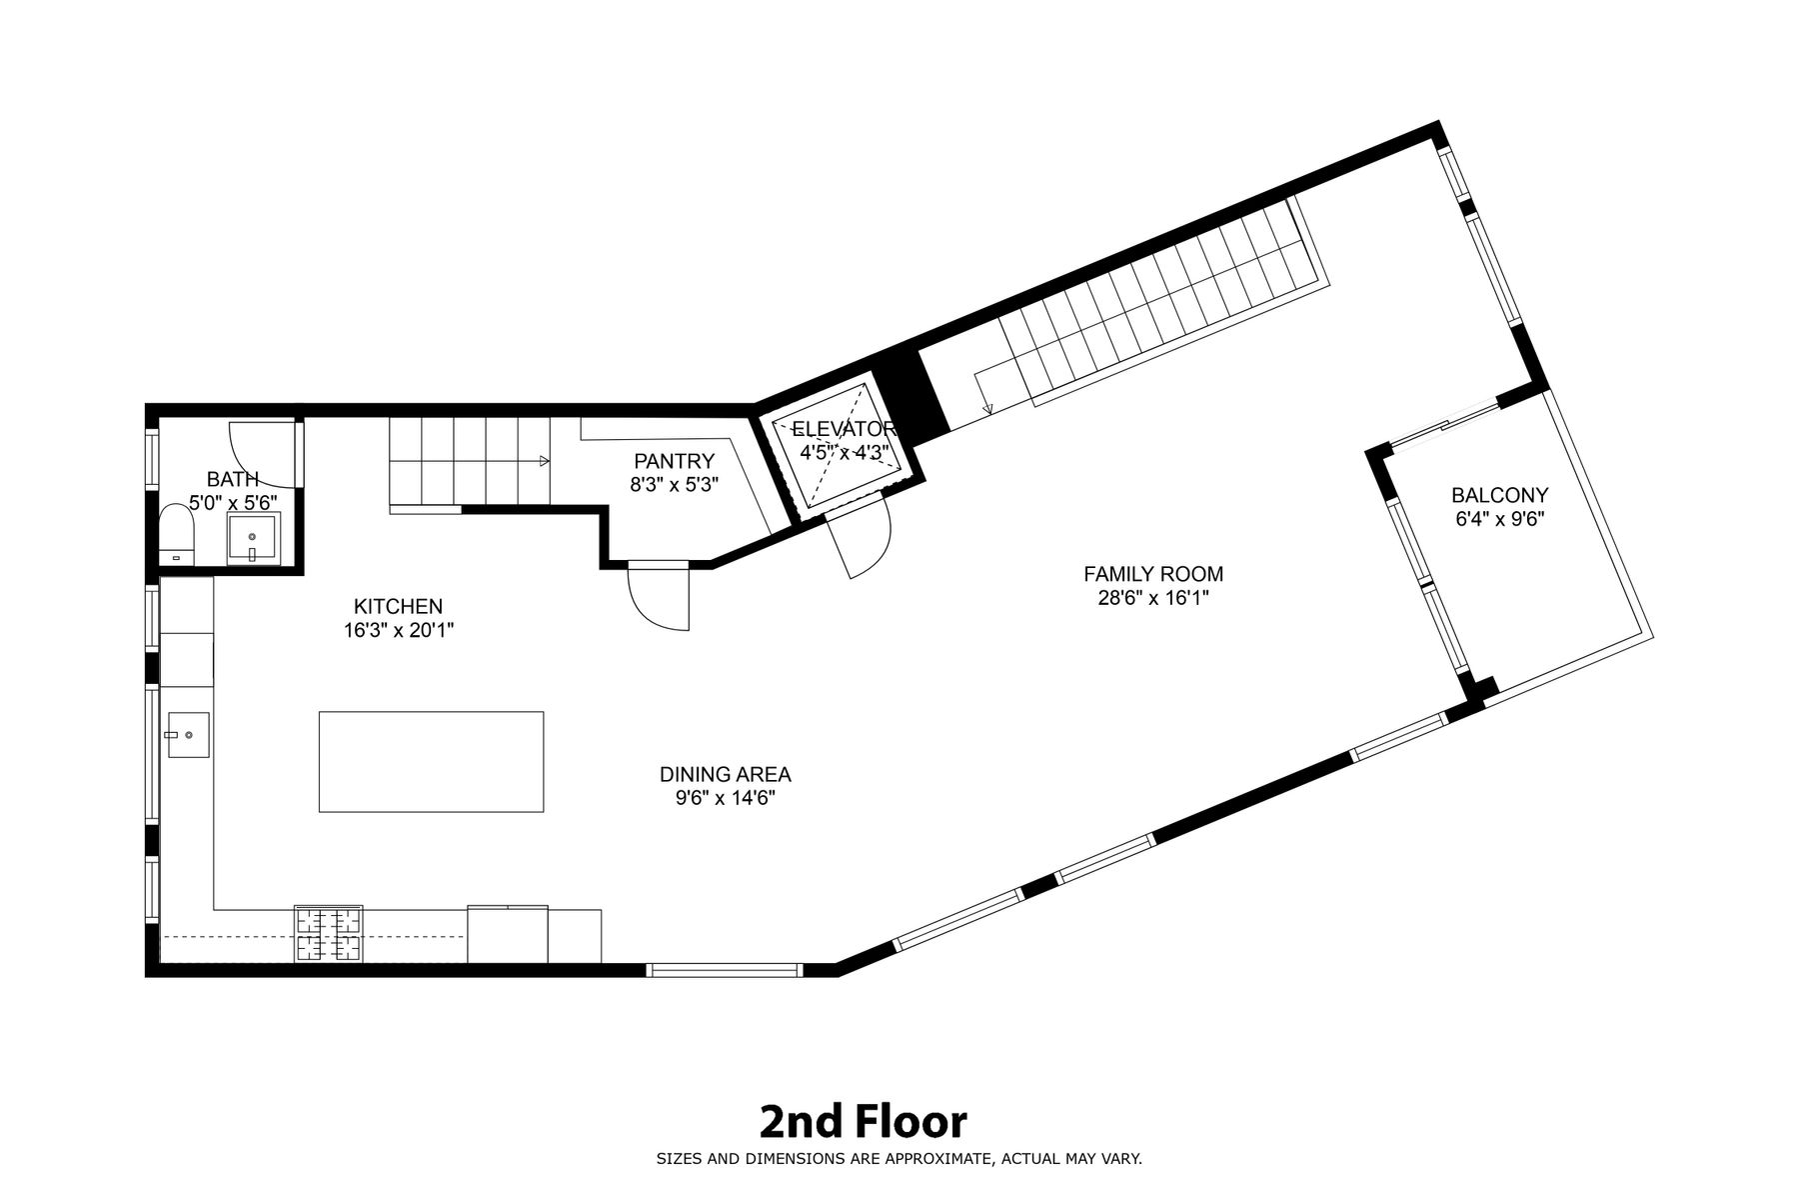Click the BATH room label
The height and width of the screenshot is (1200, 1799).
[232, 479]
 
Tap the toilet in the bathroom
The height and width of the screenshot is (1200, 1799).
[177, 534]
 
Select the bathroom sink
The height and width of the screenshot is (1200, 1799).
[254, 539]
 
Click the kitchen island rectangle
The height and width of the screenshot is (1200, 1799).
[431, 762]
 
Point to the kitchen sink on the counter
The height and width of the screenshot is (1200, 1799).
[187, 735]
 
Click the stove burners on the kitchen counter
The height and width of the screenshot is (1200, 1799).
[328, 933]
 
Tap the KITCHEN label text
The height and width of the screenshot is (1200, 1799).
[398, 606]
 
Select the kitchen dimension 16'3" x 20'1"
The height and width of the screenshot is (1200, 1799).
[398, 631]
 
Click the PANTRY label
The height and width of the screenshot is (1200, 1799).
[675, 461]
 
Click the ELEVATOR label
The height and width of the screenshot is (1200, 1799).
[846, 430]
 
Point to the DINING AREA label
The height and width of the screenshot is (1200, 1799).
[726, 774]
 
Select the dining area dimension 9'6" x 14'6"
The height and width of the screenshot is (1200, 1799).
[726, 799]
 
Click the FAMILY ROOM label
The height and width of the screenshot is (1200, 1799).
[1153, 574]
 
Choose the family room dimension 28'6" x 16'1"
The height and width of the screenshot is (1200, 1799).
[1153, 599]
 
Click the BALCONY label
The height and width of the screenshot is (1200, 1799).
[1500, 495]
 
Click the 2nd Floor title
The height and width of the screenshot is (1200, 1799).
[864, 1122]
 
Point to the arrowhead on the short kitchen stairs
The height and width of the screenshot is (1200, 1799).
[545, 461]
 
